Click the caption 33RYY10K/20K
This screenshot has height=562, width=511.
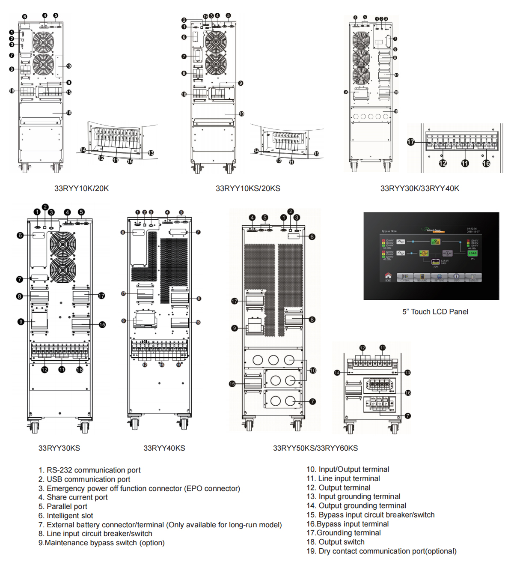(x=81, y=188)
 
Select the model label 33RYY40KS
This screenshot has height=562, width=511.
(x=164, y=448)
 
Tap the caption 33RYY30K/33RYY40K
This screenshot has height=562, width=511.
(x=419, y=188)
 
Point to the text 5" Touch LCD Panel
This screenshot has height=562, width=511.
(x=435, y=312)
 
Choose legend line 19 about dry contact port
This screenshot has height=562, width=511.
(x=381, y=551)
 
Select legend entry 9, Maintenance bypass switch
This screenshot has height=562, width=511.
(x=101, y=543)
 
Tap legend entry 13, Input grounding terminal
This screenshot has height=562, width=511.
(x=354, y=496)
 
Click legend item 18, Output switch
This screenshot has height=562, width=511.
(x=336, y=542)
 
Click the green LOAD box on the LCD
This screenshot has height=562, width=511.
(x=472, y=253)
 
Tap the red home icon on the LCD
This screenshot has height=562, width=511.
(x=388, y=276)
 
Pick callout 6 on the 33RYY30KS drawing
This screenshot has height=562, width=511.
(x=20, y=235)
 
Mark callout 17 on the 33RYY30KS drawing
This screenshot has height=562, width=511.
(x=101, y=296)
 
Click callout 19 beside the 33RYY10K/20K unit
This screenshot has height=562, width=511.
(x=68, y=66)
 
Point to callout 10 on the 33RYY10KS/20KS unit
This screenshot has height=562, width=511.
(x=241, y=114)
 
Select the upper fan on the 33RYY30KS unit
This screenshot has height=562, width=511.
(x=62, y=245)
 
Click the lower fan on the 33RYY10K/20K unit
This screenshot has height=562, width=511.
(x=43, y=64)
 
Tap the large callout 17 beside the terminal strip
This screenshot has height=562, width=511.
(x=411, y=142)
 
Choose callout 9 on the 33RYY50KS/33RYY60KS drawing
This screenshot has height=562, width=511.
(x=235, y=328)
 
